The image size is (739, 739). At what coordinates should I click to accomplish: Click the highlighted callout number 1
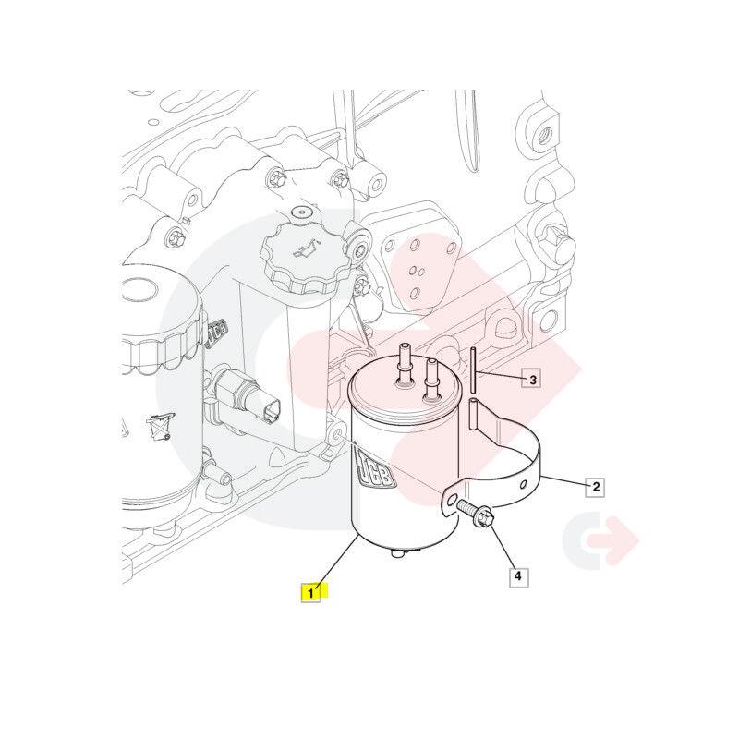310,593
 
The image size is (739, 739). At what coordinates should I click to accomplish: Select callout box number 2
596,487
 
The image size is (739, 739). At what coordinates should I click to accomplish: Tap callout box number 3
532,380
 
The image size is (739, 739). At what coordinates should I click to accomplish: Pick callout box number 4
519,576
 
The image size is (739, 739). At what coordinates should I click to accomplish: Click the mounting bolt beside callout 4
475,513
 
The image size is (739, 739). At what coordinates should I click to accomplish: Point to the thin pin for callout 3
473,369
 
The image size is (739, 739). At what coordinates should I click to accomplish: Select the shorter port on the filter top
430,381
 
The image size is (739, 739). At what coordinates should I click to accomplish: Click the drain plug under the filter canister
398,551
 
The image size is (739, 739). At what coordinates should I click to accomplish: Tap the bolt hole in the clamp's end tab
453,500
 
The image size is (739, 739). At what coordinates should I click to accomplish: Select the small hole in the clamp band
524,484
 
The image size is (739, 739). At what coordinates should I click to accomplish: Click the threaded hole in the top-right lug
545,134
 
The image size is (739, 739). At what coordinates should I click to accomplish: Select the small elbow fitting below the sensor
217,473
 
